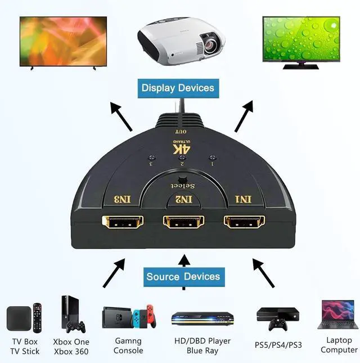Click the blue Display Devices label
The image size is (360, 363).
[178, 88]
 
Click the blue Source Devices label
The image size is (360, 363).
[183, 277]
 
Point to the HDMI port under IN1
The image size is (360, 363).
[244, 222]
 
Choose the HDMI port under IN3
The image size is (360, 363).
[121, 223]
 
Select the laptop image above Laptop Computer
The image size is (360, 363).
[337, 315]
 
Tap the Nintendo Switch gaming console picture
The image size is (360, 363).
[129, 317]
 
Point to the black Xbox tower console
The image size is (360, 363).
[69, 312]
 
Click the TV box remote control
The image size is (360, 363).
[38, 317]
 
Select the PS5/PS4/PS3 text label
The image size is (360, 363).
[279, 344]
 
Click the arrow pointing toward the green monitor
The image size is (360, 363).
[245, 116]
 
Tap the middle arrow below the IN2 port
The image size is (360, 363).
[183, 270]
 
